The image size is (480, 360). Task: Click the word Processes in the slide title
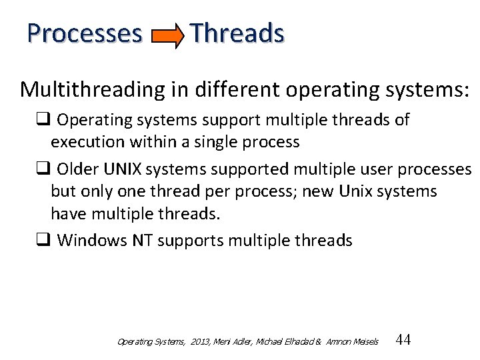tap(85, 33)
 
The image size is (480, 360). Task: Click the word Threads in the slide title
tap(237, 33)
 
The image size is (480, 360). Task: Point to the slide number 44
tap(403, 340)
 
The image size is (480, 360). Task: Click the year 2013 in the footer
tap(201, 341)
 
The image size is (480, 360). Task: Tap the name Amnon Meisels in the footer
tap(352, 341)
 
